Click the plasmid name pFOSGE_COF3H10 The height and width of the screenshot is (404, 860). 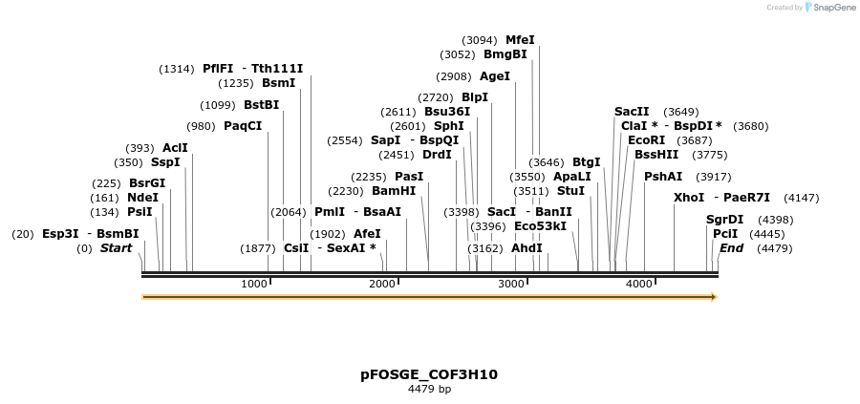click(429, 374)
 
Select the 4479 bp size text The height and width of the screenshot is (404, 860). click(429, 390)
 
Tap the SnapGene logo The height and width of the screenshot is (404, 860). click(830, 8)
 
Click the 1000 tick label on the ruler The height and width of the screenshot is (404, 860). click(253, 284)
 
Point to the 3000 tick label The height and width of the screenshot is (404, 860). click(511, 284)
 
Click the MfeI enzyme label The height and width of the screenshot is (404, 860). click(520, 40)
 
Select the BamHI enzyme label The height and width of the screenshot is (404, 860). click(394, 190)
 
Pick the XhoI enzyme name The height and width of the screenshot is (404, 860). click(688, 198)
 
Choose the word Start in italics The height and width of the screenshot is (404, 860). click(116, 248)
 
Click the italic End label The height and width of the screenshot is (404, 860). click(731, 248)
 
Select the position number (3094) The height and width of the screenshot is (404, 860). click(479, 40)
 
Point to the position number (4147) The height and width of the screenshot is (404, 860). click(801, 198)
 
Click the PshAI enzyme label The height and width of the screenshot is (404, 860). click(663, 177)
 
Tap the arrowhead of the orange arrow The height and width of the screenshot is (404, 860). click(712, 297)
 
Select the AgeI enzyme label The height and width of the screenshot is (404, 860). click(494, 76)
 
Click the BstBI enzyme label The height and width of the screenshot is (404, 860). click(261, 105)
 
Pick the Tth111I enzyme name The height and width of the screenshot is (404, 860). click(277, 69)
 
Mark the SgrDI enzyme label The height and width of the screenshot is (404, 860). click(724, 220)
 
